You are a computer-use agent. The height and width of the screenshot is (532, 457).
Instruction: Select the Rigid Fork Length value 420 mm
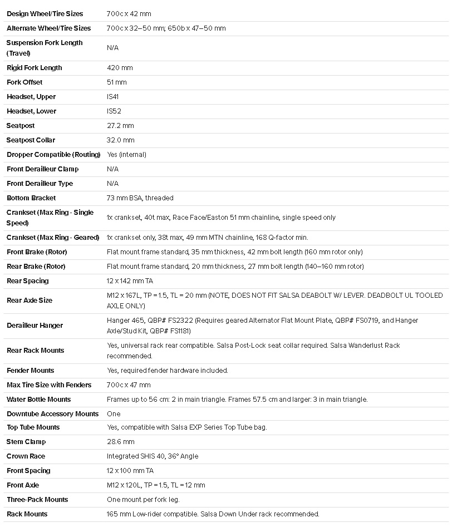pyautogui.click(x=120, y=68)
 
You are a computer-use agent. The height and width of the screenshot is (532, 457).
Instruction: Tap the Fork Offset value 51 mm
pyautogui.click(x=117, y=82)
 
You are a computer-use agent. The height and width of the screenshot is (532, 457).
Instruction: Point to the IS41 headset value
pyautogui.click(x=113, y=97)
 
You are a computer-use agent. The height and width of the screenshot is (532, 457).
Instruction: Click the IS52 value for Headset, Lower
pyautogui.click(x=113, y=111)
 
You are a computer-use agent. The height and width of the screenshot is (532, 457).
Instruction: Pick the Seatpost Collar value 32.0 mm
pyautogui.click(x=121, y=140)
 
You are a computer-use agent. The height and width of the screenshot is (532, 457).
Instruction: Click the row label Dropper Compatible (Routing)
pyautogui.click(x=53, y=155)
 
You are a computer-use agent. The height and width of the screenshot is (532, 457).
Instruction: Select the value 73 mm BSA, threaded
pyautogui.click(x=140, y=198)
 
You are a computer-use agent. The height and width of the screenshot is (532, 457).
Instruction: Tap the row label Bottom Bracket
pyautogui.click(x=31, y=198)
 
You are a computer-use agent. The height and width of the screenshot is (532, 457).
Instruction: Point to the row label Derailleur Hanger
pyautogui.click(x=35, y=326)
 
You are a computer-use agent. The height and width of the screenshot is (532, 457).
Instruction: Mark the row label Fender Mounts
pyautogui.click(x=30, y=371)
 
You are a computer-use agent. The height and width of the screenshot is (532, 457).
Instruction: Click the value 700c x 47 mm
pyautogui.click(x=129, y=385)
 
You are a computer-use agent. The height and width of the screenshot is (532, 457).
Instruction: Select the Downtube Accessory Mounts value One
pyautogui.click(x=114, y=414)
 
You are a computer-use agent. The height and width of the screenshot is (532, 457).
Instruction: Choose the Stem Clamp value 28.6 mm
pyautogui.click(x=121, y=442)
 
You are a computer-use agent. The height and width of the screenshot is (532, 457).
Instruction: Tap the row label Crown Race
pyautogui.click(x=26, y=456)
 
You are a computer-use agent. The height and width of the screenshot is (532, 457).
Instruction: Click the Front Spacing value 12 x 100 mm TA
pyautogui.click(x=130, y=471)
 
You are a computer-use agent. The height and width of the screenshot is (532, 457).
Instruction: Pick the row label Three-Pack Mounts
pyautogui.click(x=37, y=500)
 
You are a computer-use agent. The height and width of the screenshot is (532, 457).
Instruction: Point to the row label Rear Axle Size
pyautogui.click(x=30, y=301)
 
